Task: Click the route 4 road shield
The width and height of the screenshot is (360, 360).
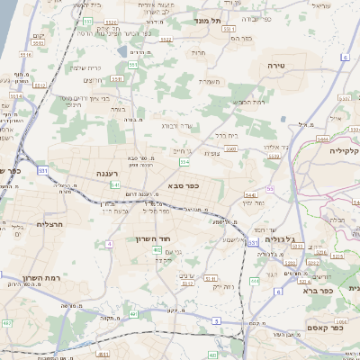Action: (110, 243)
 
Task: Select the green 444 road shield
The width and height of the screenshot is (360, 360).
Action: (254, 281)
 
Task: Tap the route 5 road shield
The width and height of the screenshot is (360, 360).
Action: (216, 320)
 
